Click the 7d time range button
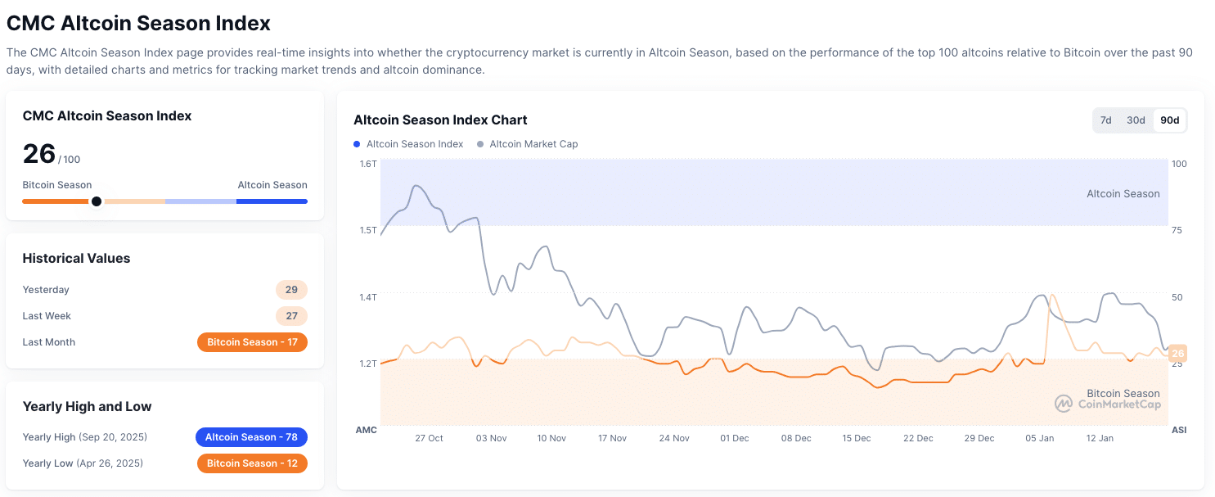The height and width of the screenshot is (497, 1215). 1105,120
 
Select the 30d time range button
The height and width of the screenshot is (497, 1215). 1136,120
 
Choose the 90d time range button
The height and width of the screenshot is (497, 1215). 1170,120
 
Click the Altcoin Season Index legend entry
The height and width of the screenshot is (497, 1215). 409,144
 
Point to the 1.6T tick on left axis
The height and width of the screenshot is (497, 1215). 367,164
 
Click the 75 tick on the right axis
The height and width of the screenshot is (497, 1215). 1177,231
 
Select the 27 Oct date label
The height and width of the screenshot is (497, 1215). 429,438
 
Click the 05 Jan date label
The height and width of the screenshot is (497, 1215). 1039,438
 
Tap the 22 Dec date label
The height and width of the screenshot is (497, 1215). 918,438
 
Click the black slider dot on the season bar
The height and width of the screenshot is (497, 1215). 97,201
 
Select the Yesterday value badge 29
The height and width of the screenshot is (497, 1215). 291,290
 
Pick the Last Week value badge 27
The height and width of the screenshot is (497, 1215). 291,316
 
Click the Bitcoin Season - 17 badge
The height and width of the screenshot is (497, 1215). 252,342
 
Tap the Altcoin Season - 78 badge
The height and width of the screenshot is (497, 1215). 251,437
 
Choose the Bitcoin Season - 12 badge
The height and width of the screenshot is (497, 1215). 252,463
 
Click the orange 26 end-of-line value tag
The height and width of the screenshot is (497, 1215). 1177,354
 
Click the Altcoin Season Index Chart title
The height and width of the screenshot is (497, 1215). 440,120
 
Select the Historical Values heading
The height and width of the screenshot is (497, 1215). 76,259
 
